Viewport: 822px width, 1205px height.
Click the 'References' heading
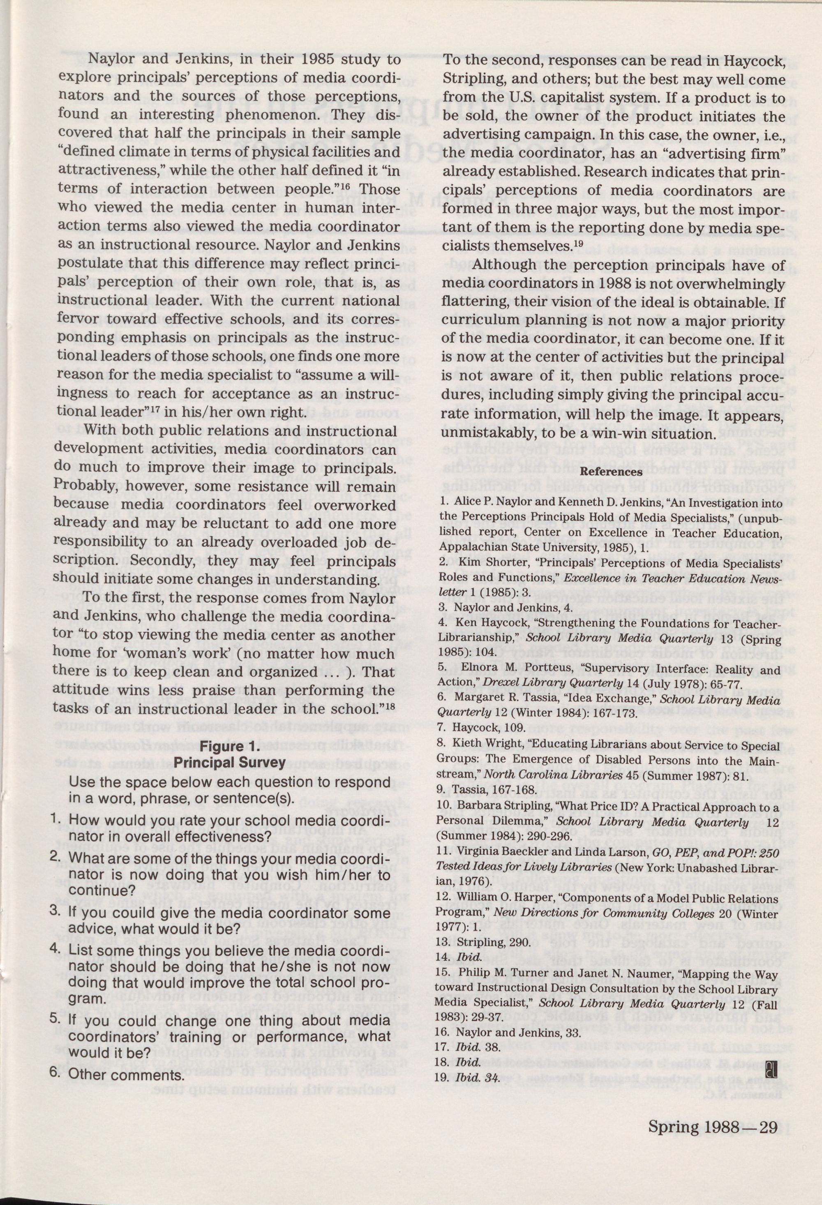[x=611, y=472]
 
